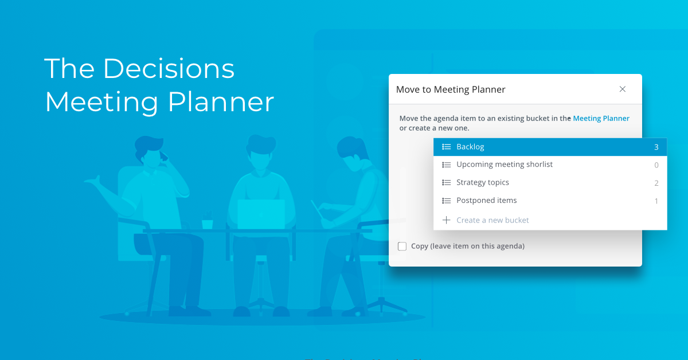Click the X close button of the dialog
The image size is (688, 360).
point(622,89)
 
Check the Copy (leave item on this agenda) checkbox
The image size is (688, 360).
point(402,246)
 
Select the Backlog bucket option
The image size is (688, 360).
point(470,147)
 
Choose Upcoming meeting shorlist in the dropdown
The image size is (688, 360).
point(505,165)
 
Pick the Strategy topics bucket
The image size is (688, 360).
point(483,182)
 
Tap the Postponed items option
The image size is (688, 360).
point(487,201)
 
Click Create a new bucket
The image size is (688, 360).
point(492,220)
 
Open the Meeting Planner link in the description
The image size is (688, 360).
point(601,119)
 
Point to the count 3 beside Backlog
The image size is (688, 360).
point(656,147)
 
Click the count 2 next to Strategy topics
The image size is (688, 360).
point(656,183)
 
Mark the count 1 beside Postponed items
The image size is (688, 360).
point(656,201)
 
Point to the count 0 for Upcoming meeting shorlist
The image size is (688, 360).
point(656,165)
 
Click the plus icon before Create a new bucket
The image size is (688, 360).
point(447,220)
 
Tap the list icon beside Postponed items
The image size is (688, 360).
point(447,201)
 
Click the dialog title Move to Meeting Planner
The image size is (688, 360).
point(451,89)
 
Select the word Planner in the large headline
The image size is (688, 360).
point(221,102)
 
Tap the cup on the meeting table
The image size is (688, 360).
point(207,222)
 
